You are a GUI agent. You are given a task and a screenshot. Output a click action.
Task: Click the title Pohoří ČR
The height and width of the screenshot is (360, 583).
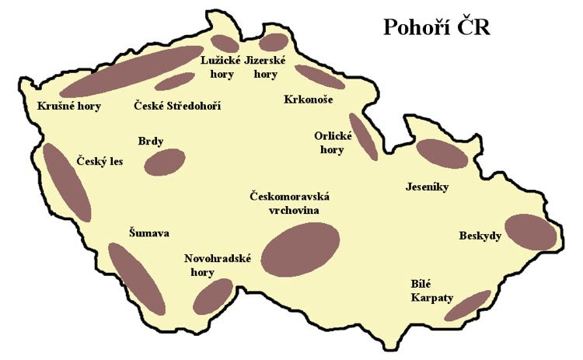click(435, 28)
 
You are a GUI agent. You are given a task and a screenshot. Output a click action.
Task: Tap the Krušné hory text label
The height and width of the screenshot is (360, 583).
click(68, 107)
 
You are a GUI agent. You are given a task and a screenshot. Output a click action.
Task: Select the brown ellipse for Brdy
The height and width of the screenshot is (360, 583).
click(165, 162)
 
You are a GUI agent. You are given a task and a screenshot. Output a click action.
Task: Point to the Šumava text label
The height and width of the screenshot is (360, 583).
click(149, 232)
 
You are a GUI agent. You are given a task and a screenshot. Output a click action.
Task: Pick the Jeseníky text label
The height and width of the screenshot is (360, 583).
click(428, 187)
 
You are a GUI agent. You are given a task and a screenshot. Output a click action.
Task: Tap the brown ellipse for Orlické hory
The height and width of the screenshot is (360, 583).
click(363, 136)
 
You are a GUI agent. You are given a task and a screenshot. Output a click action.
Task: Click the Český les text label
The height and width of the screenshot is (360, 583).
click(100, 162)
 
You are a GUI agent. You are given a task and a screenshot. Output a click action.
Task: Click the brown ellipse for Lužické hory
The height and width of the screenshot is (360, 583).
click(225, 44)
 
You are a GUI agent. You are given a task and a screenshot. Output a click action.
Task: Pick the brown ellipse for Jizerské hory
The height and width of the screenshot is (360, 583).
click(274, 42)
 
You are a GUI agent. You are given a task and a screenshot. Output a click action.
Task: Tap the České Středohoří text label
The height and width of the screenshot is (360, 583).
click(177, 105)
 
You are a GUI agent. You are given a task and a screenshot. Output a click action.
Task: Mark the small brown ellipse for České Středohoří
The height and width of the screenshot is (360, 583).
click(174, 81)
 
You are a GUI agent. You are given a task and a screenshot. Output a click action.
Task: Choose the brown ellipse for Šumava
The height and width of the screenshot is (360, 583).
click(136, 278)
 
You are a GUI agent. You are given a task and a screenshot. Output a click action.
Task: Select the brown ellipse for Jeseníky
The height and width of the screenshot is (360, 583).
click(442, 153)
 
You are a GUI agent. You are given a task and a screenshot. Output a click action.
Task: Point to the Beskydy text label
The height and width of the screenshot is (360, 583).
click(480, 236)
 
